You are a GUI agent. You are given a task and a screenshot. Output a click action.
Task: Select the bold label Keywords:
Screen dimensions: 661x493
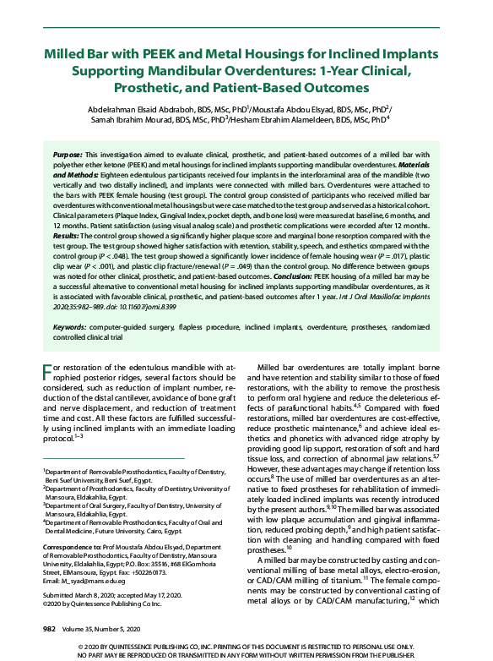point(75,326)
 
